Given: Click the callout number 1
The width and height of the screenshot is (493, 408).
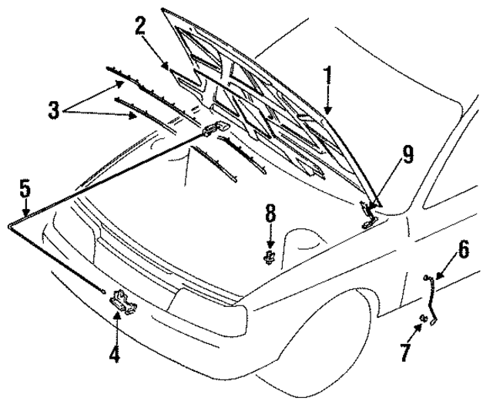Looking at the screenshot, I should (x=328, y=76).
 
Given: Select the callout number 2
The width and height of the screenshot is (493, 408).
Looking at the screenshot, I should (x=139, y=25).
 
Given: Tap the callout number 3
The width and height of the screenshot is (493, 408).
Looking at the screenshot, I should (x=53, y=110).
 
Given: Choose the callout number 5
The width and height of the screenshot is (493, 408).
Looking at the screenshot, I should (x=25, y=187).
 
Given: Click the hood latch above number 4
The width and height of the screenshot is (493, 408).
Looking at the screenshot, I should (x=123, y=302).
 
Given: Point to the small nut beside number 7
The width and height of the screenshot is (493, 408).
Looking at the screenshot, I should (x=423, y=319).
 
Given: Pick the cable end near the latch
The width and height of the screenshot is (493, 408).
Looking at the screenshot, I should (x=102, y=292).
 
